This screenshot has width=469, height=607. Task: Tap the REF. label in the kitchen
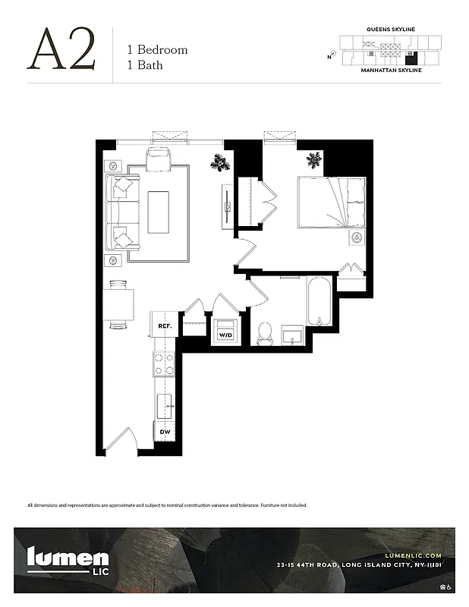[164, 326]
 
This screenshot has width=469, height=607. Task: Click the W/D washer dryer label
[225, 335]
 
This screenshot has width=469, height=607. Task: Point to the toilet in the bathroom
[265, 332]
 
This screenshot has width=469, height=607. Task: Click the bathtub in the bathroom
[318, 301]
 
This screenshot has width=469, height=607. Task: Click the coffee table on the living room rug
[159, 211]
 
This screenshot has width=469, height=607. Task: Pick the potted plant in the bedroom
[314, 160]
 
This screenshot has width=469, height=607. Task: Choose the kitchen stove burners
[164, 363]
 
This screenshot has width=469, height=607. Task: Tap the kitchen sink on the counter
[164, 405]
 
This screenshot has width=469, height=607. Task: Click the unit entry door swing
[121, 442]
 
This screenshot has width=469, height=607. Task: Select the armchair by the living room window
[160, 160]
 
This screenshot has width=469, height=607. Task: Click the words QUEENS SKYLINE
[391, 29]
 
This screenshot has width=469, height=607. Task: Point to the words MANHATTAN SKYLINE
[392, 69]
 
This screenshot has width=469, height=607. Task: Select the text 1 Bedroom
[157, 50]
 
